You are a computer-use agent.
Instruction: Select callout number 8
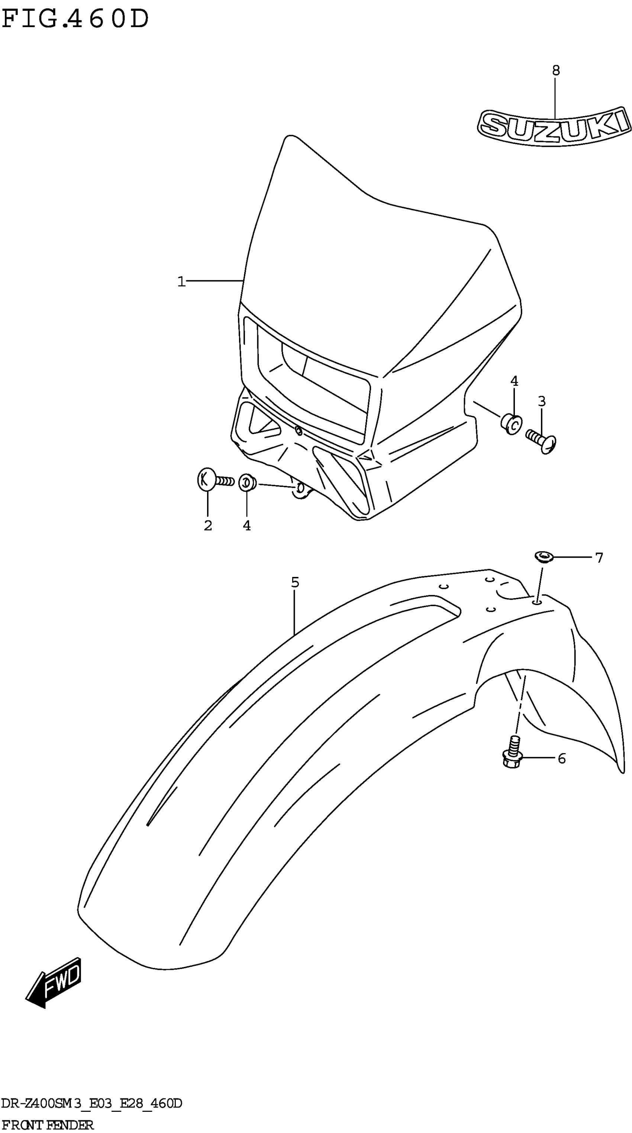point(555,70)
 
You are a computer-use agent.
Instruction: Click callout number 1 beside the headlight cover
point(181,281)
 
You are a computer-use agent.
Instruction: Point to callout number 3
point(541,401)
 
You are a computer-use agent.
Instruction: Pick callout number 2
point(207,525)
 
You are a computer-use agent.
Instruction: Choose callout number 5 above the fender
point(295,582)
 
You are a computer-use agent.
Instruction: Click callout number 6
point(562,759)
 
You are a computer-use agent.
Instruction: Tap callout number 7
point(599,558)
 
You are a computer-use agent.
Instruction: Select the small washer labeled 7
point(544,557)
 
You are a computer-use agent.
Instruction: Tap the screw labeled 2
point(213,480)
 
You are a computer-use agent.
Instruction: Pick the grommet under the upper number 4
point(512,423)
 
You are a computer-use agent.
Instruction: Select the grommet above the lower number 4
point(247,483)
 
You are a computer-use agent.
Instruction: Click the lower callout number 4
point(247,525)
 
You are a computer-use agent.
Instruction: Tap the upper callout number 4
point(514,381)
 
